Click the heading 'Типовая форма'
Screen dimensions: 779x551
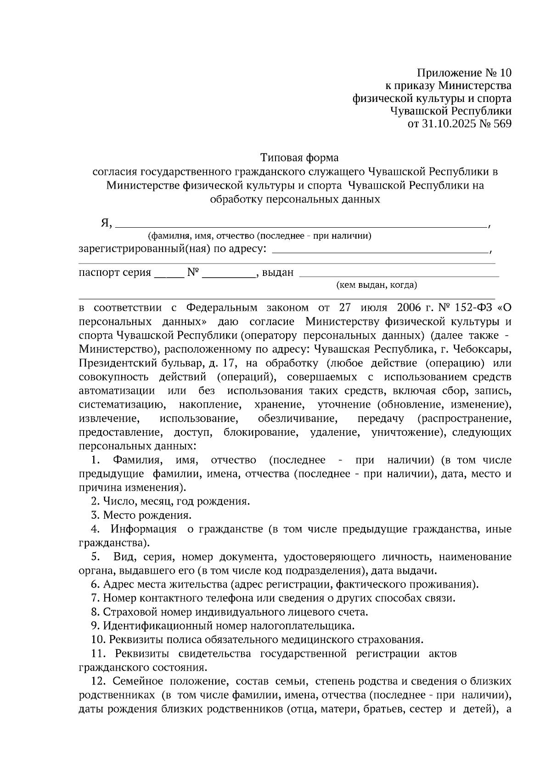coord(299,158)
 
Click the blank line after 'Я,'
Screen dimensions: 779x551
coord(301,225)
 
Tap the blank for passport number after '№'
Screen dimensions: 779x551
coord(229,275)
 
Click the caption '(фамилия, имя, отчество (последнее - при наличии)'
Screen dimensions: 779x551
coord(259,236)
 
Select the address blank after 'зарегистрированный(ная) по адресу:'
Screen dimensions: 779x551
coord(380,251)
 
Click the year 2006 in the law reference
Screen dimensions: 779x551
coord(409,308)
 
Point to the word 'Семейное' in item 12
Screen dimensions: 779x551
coord(134,681)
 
